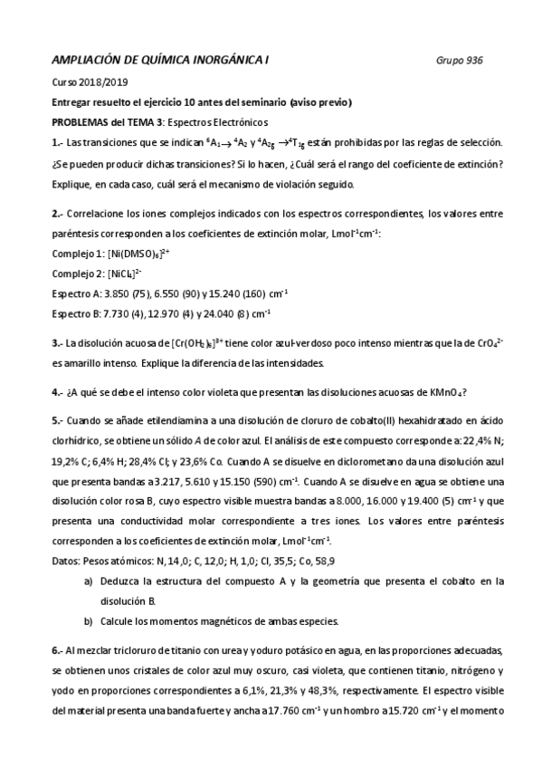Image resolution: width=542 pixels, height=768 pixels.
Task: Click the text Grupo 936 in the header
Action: pos(459,61)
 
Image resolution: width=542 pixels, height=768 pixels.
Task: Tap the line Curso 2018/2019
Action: pos(89,82)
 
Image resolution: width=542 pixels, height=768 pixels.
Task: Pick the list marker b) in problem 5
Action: pos(88,620)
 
